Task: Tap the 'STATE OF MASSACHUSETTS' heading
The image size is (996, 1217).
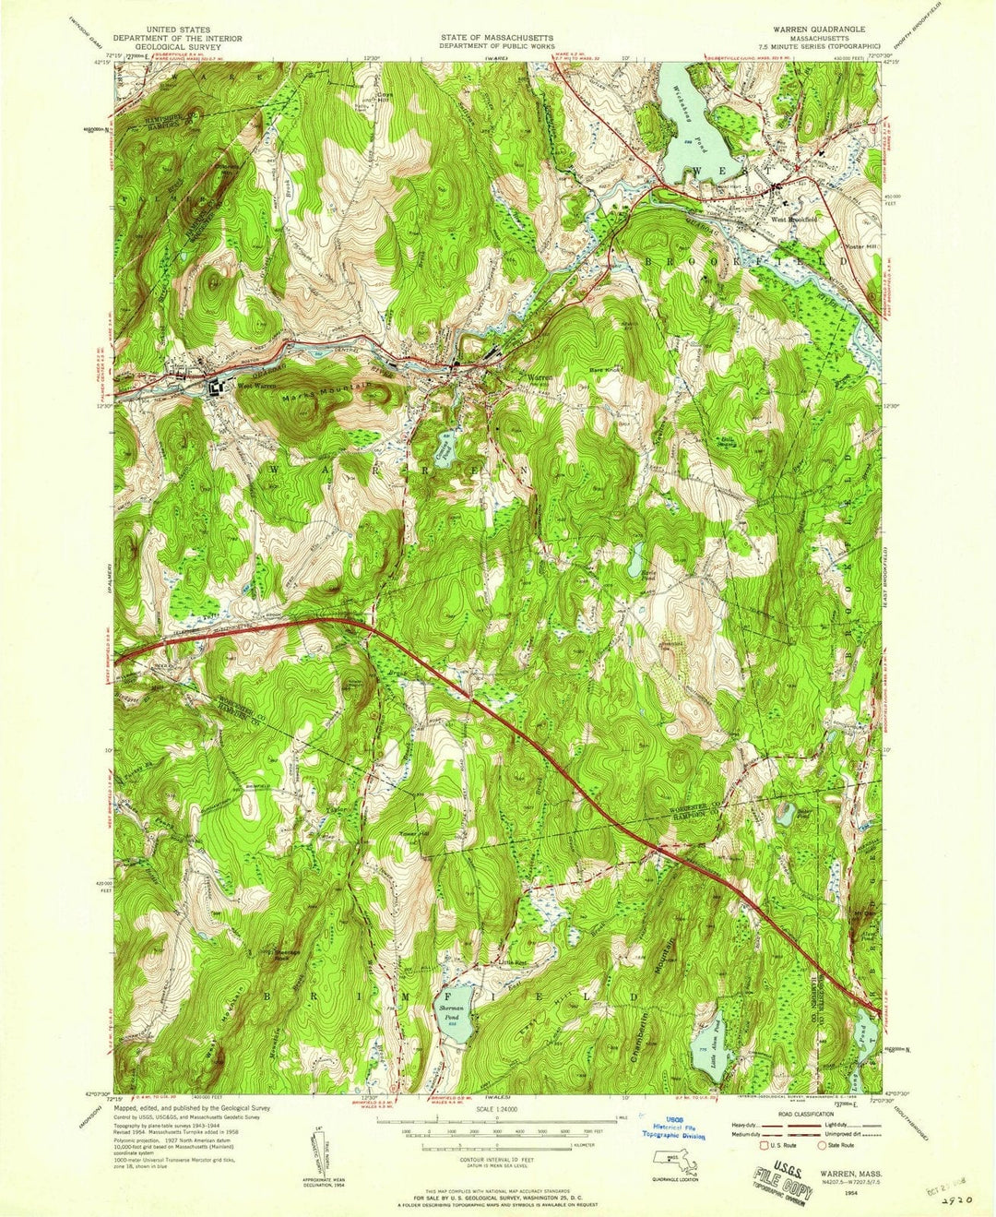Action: tap(498, 30)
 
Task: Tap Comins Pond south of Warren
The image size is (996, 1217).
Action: tap(444, 449)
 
